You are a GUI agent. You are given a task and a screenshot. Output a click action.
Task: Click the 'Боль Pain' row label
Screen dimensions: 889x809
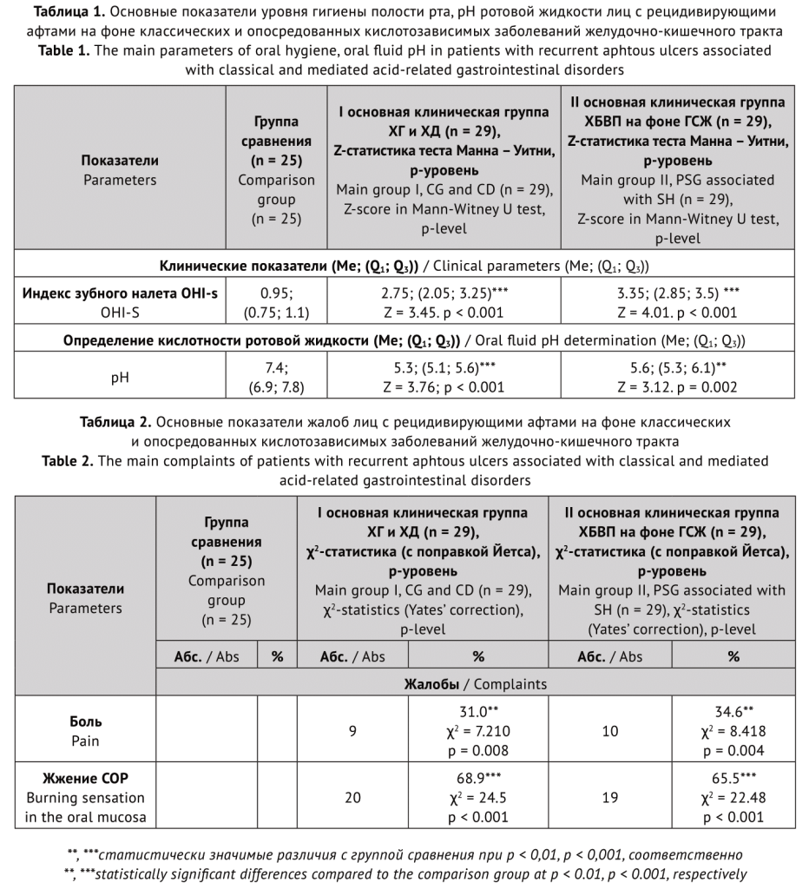85,730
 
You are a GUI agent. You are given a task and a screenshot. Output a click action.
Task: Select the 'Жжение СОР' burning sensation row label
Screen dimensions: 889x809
85,797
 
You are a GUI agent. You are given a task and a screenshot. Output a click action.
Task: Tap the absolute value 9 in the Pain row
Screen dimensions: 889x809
352,730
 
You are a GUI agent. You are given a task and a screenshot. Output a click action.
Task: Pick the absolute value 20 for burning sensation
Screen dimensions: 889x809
352,797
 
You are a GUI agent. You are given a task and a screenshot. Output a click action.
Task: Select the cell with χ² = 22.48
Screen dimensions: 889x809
733,797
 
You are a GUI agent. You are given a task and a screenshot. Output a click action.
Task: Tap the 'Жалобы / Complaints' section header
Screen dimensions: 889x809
475,684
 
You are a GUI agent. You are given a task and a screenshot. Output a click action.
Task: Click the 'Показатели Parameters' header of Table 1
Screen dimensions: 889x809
120,170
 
